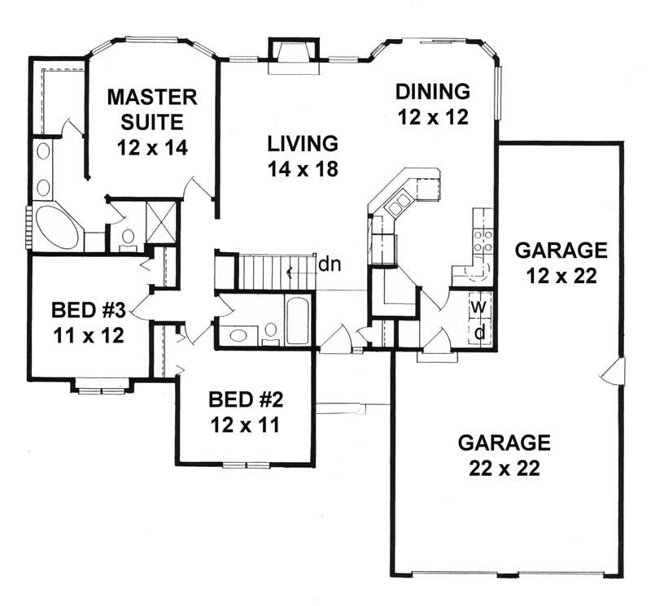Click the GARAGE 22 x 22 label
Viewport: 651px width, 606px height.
click(x=505, y=456)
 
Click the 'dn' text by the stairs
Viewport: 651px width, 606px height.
click(x=329, y=264)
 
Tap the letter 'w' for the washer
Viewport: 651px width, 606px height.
click(x=480, y=307)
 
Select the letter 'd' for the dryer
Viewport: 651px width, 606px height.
click(x=480, y=331)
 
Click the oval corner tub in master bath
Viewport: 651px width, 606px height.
click(x=56, y=229)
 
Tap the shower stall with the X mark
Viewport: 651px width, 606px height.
click(x=161, y=220)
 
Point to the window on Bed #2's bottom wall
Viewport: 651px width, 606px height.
click(x=245, y=464)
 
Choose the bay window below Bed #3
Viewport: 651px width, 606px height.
click(x=101, y=387)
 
